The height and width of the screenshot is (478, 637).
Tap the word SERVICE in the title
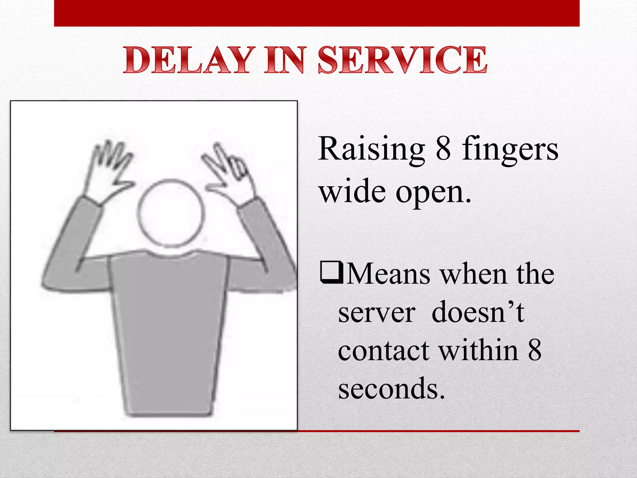click(402, 60)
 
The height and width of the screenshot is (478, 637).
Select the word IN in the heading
click(284, 60)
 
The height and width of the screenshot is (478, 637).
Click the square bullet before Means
click(332, 273)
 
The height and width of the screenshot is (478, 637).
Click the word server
click(377, 313)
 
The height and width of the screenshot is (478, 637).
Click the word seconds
click(391, 389)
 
